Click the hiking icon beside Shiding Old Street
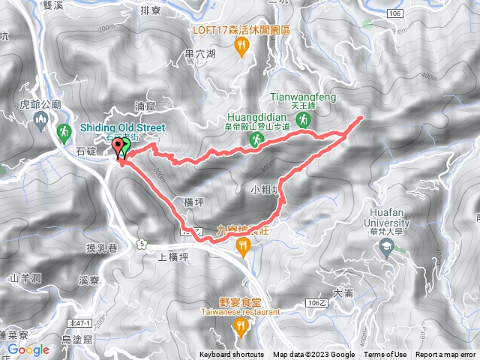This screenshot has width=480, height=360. click(64, 133)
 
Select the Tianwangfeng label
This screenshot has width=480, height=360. click(303, 96)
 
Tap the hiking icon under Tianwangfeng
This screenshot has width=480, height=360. click(303, 120)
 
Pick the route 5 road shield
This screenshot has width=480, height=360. click(140, 242)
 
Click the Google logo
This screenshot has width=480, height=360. click(28, 349)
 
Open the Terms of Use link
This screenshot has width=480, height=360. click(385, 355)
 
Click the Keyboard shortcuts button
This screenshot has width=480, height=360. click(232, 355)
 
